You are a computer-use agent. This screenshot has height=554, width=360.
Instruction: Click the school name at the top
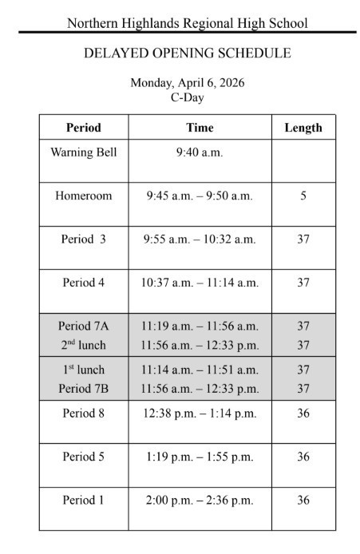187,23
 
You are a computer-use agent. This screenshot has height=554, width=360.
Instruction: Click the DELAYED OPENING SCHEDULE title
187,53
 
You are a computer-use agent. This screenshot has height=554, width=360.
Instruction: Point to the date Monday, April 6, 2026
187,82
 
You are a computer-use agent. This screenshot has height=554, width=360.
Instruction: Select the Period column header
83,128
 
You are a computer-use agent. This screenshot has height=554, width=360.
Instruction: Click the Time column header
200,128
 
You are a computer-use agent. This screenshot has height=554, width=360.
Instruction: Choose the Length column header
303,128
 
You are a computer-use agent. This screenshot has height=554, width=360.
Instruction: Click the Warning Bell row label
83,152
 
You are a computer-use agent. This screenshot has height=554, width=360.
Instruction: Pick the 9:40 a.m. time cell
200,152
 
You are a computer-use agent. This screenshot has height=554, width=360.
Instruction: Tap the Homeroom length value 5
303,196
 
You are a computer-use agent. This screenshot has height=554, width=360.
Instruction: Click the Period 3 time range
200,239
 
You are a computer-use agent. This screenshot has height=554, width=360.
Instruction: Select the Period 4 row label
83,282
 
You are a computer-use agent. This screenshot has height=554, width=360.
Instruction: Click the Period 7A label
83,326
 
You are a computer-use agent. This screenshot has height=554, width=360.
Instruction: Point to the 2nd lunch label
83,346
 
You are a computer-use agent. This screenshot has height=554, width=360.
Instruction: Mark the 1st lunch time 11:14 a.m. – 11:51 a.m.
200,370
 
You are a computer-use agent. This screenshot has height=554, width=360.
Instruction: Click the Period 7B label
83,389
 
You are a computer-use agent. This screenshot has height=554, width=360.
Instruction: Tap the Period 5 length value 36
303,457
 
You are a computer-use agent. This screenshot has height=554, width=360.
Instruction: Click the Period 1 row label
83,500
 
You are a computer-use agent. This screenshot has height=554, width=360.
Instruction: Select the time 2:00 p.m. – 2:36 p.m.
200,501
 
